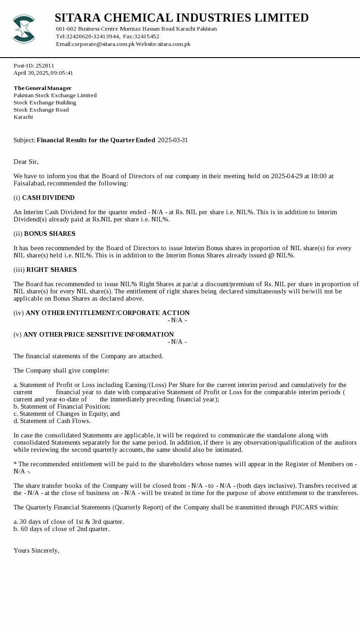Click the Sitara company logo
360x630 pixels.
coord(24,29)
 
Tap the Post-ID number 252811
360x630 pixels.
coord(45,66)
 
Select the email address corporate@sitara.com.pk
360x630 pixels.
coord(103,44)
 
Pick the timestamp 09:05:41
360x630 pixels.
coord(62,73)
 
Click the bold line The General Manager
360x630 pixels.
coord(42,88)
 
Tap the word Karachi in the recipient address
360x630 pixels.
coord(23,117)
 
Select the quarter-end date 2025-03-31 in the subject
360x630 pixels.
coord(173,140)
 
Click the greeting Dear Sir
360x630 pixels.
coord(26,162)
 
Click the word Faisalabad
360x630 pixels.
coord(29,183)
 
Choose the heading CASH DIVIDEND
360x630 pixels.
coord(48,198)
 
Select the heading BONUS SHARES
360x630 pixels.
coord(49,234)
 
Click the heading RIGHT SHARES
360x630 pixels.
coord(51,270)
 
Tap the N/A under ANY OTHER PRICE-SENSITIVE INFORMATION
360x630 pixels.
coord(177,342)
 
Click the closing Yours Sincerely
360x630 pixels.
coord(36,550)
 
